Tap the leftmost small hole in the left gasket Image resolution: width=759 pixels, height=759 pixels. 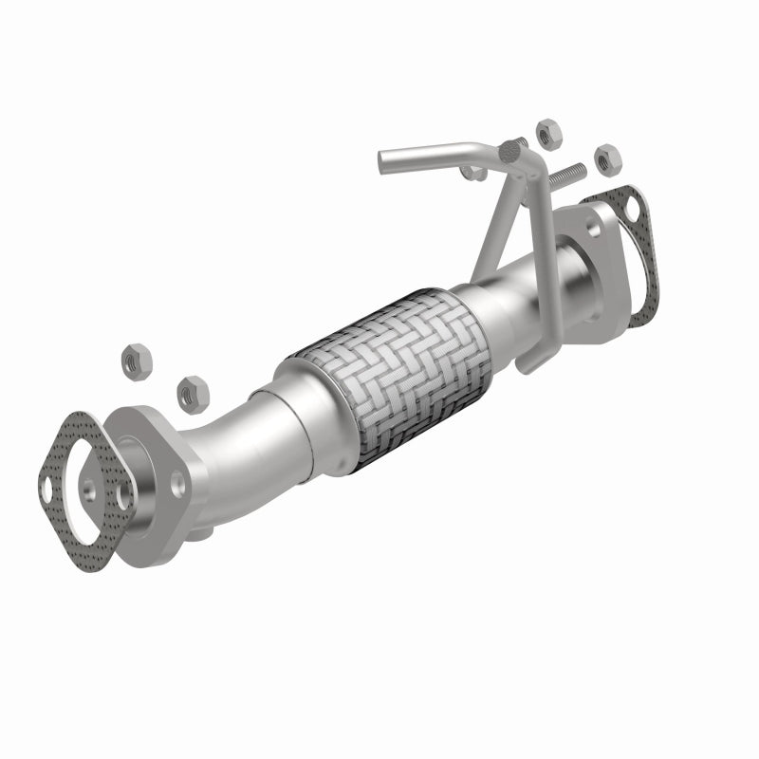click(46, 490)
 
